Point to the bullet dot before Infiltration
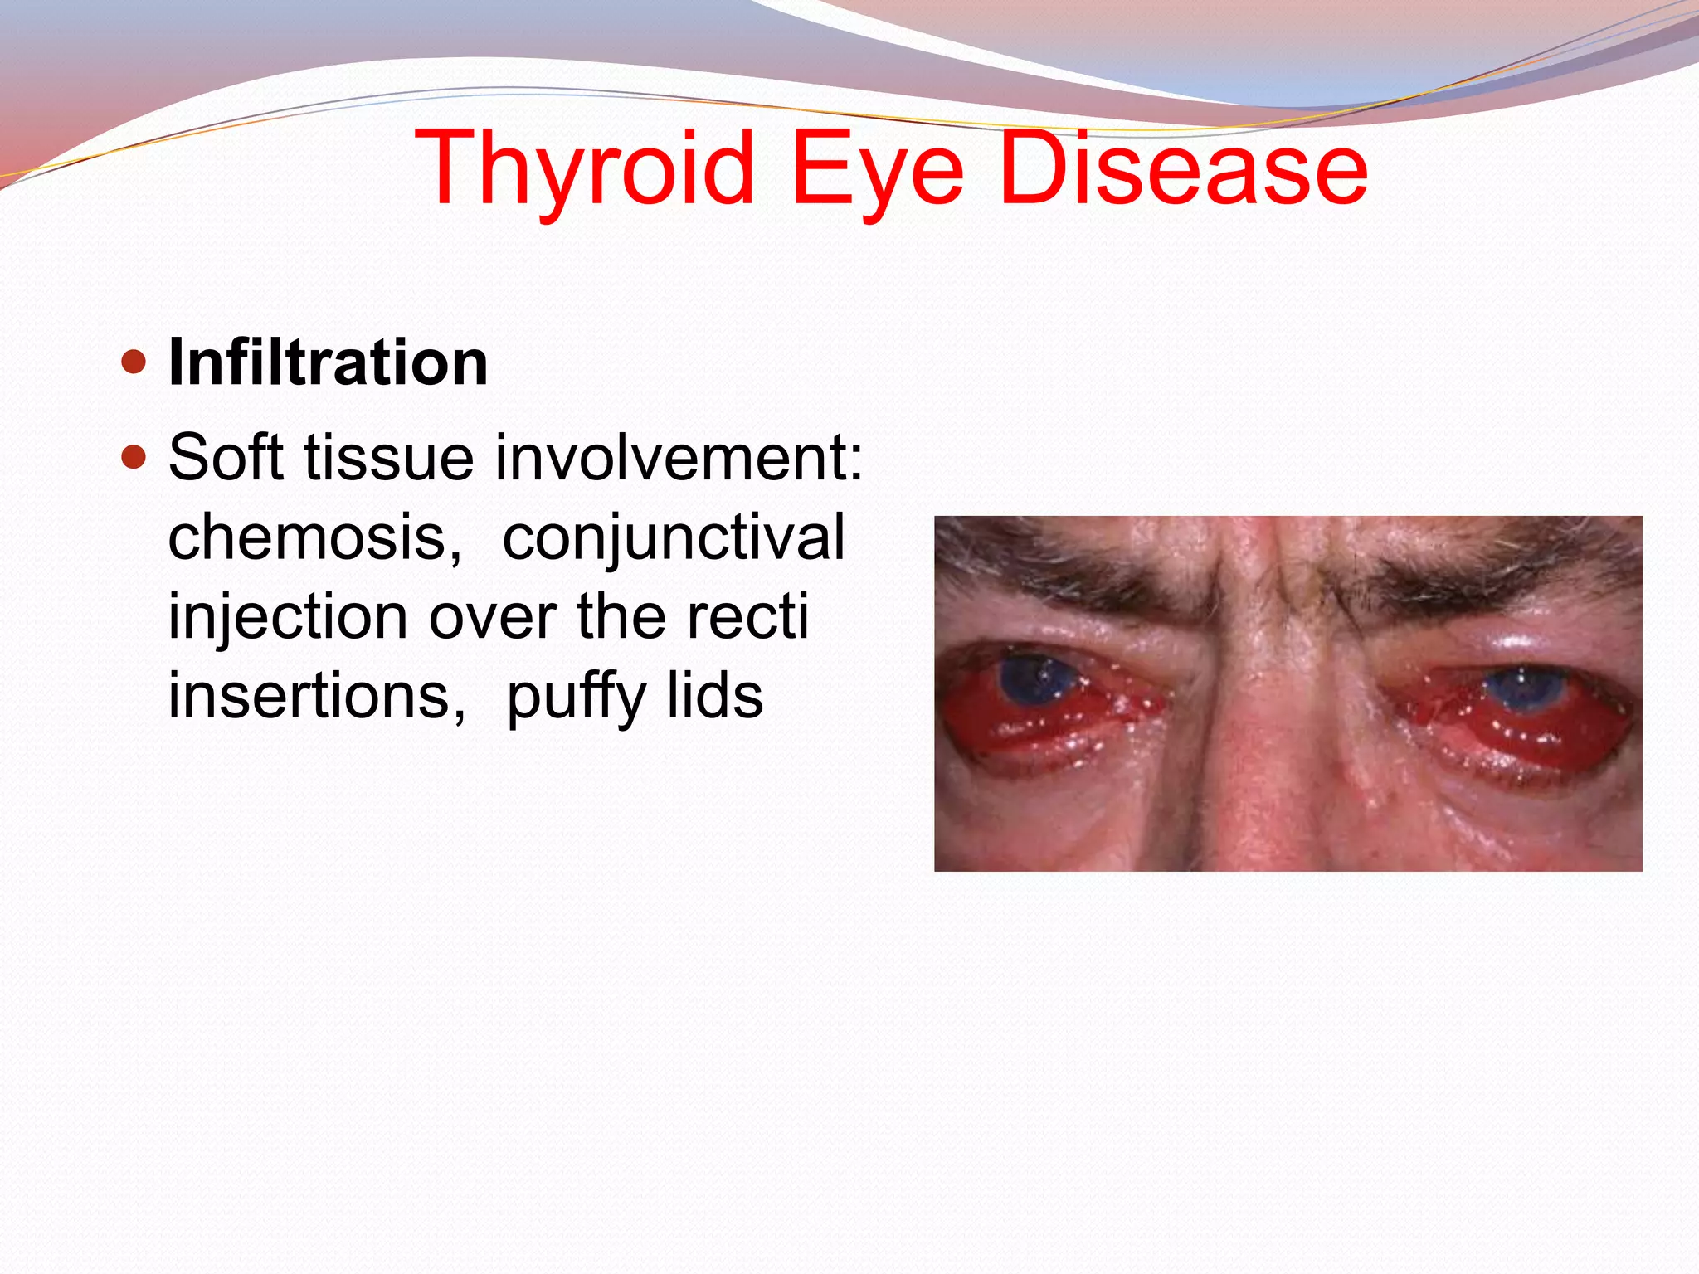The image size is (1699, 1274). point(133,362)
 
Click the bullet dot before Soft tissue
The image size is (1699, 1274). point(133,457)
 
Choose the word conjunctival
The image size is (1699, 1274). point(674,537)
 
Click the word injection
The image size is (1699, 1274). point(287,616)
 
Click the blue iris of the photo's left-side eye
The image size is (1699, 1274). point(1035,678)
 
